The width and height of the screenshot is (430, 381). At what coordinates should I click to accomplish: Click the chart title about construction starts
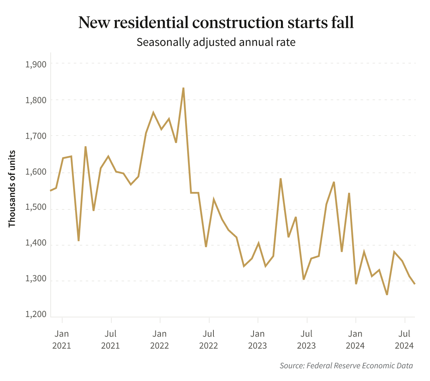216,23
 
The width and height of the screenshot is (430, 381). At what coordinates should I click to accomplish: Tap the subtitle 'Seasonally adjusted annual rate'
216,42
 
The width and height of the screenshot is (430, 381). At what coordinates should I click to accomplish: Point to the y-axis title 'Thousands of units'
12,189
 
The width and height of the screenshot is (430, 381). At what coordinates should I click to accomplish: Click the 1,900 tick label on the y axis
36,64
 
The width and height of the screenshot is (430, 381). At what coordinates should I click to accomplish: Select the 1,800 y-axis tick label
36,100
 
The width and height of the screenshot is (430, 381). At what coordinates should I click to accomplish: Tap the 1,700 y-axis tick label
36,136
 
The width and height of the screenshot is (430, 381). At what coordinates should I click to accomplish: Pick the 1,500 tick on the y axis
36,209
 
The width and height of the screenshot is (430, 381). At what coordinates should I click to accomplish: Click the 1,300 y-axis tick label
36,281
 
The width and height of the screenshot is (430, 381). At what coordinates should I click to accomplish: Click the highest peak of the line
183,88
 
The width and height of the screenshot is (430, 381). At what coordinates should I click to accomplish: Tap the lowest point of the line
387,295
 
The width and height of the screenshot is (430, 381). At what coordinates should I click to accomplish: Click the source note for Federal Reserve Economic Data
346,366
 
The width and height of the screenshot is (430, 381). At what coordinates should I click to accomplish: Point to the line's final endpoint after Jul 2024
415,284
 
